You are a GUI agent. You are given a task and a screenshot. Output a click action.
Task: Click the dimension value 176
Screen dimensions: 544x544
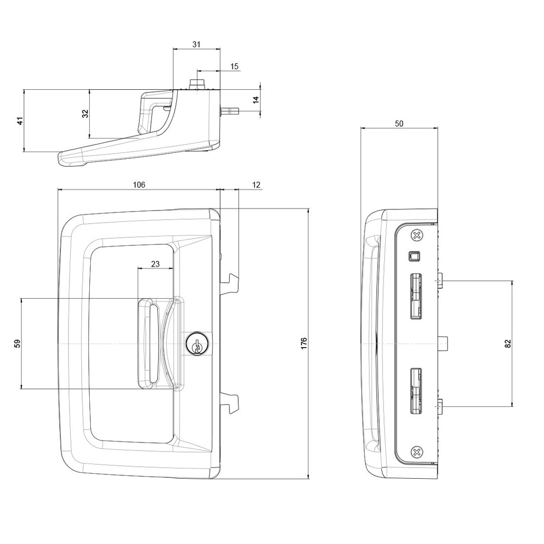click(x=304, y=343)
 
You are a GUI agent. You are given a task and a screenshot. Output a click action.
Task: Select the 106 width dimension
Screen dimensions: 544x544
click(x=139, y=185)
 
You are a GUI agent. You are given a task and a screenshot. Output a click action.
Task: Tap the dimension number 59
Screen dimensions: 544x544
click(x=17, y=343)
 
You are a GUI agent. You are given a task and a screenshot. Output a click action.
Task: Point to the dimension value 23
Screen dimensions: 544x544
click(x=155, y=264)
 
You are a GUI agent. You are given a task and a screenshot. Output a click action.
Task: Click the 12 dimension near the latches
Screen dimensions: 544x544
click(x=256, y=185)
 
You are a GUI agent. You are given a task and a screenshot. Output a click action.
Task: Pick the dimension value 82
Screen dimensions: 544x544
click(x=508, y=343)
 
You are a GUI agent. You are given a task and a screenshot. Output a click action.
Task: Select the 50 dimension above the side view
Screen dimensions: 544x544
click(x=399, y=123)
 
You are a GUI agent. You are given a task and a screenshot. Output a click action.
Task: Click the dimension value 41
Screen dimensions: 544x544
click(x=20, y=121)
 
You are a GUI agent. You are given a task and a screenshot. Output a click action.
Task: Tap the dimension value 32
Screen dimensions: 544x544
click(x=85, y=114)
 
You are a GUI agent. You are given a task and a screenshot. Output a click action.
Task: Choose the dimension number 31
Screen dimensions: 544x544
click(x=196, y=44)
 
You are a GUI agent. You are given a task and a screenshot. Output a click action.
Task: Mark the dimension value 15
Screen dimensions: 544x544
click(x=234, y=66)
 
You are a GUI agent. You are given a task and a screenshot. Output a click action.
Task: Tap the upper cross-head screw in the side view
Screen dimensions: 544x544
click(x=417, y=236)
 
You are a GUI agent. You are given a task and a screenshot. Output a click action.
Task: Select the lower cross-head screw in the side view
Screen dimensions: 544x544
click(x=417, y=451)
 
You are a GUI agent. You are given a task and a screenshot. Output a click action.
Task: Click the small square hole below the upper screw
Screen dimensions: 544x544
click(x=414, y=255)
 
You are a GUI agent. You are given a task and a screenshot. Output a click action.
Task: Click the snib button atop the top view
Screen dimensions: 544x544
click(x=197, y=84)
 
